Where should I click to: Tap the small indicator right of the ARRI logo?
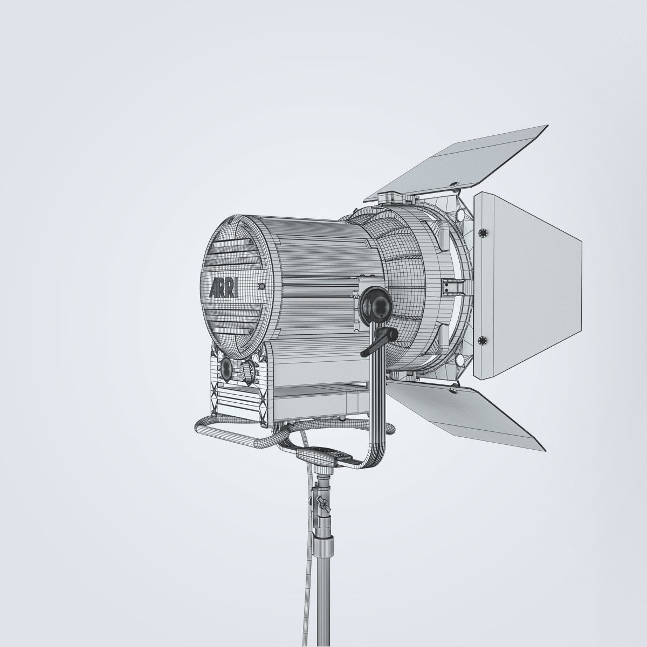click(262, 286)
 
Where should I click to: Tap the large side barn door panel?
click(526, 286)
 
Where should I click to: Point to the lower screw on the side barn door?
click(482, 340)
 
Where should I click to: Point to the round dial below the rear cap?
click(226, 369)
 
